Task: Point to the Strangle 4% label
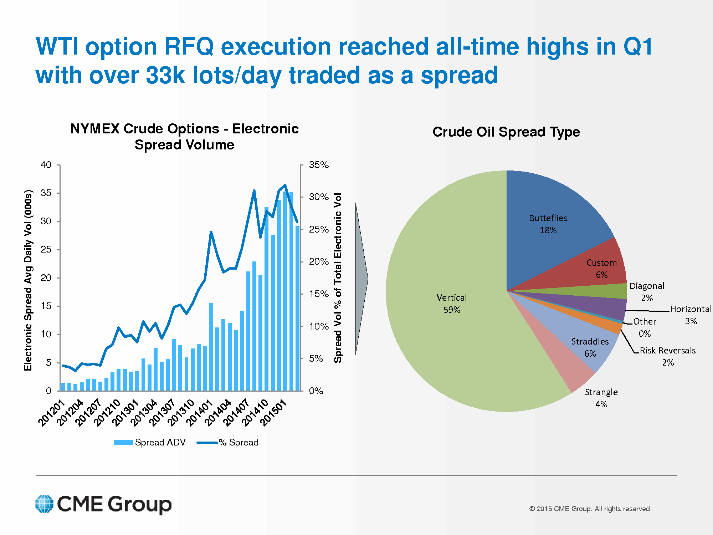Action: click(x=601, y=398)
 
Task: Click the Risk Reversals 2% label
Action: click(x=667, y=356)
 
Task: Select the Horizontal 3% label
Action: click(x=691, y=315)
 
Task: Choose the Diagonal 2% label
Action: click(x=647, y=291)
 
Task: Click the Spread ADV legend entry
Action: click(x=150, y=442)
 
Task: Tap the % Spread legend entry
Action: click(x=228, y=442)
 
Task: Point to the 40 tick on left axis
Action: click(x=46, y=165)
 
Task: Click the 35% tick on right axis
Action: click(x=319, y=165)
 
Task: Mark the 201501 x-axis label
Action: click(x=273, y=413)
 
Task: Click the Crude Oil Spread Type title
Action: click(x=506, y=132)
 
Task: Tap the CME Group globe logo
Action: click(x=45, y=504)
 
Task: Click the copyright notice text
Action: click(x=590, y=509)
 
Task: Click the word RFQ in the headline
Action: click(x=189, y=47)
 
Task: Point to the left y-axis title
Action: click(x=28, y=280)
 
